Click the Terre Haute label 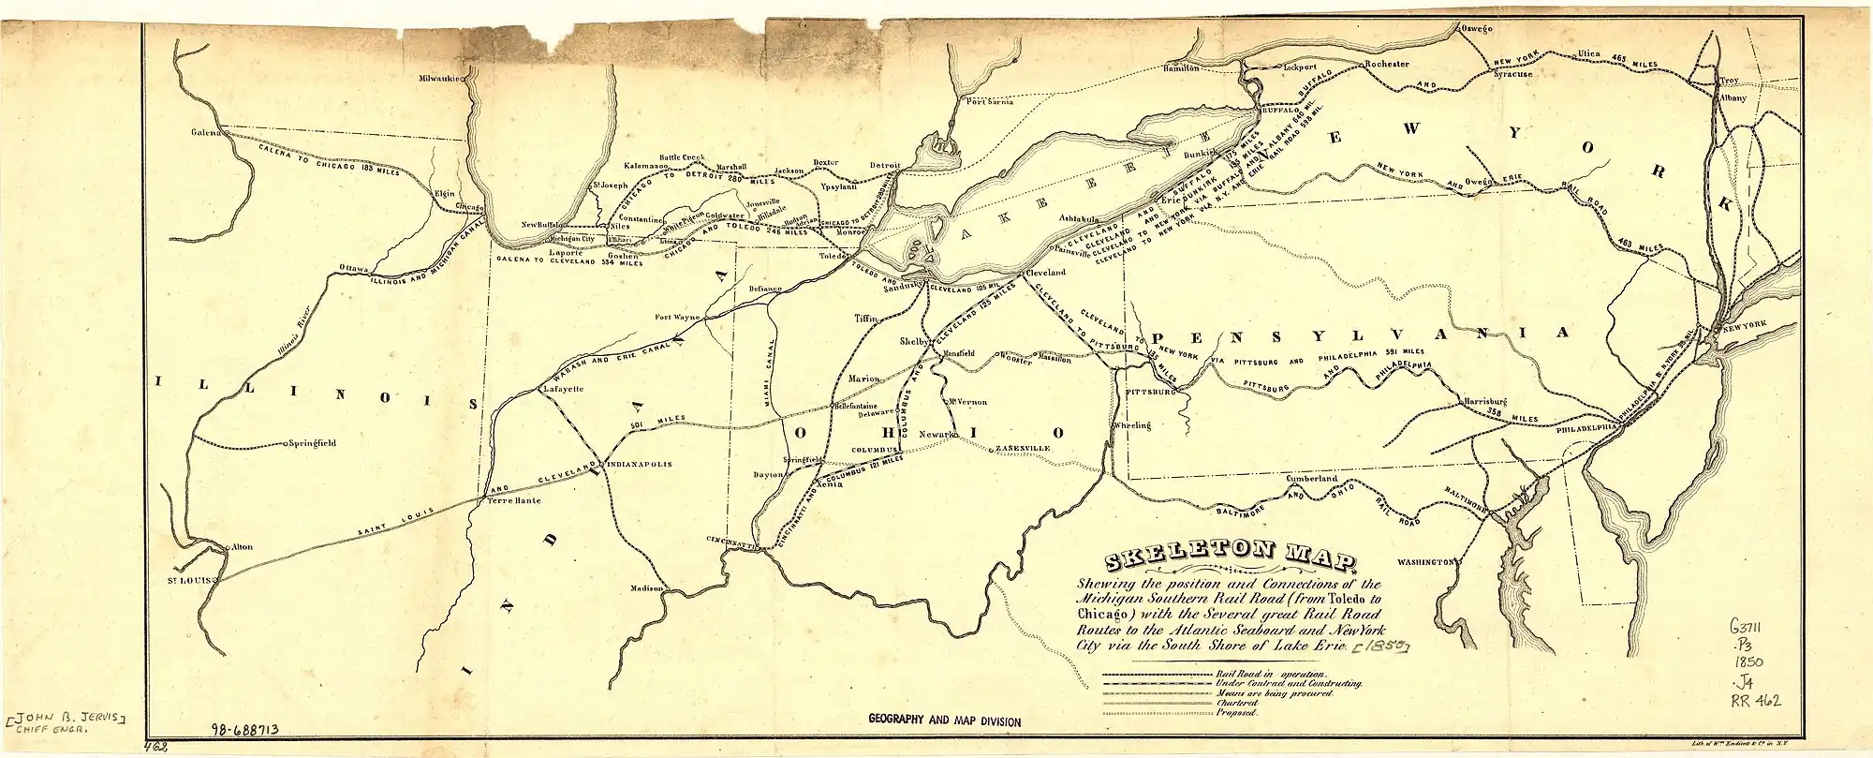click(x=509, y=502)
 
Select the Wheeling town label click(x=1131, y=425)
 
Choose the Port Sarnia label click(x=990, y=102)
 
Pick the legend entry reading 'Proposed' click(x=1233, y=713)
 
